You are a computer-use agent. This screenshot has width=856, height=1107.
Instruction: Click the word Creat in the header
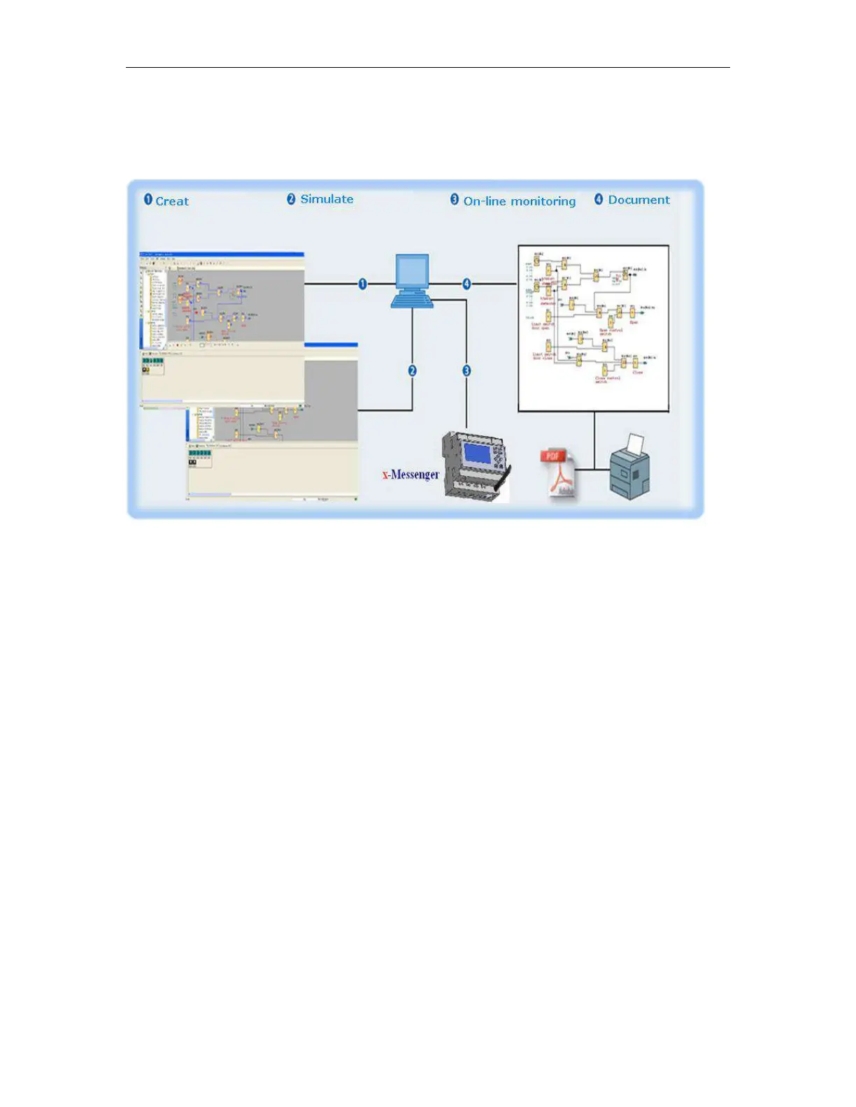[x=172, y=201]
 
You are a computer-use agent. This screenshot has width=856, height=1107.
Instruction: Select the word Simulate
[x=327, y=199]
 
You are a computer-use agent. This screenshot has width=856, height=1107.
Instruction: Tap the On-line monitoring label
[x=520, y=201]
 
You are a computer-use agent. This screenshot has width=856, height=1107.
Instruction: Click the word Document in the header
[x=639, y=200]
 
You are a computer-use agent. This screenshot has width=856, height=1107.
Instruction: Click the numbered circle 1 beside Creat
[x=148, y=200]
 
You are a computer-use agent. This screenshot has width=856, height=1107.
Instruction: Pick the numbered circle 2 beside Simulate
[x=292, y=199]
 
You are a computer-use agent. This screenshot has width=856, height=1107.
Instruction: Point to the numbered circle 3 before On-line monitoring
[x=455, y=200]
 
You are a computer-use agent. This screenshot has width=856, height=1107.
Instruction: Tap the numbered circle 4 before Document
[x=599, y=199]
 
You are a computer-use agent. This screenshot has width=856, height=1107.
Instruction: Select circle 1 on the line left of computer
[x=362, y=284]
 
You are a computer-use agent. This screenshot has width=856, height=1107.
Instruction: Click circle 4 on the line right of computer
[x=466, y=284]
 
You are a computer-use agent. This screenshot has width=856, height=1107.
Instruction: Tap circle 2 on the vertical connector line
[x=412, y=370]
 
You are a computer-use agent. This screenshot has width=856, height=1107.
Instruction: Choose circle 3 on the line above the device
[x=466, y=370]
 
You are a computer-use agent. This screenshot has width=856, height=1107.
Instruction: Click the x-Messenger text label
[x=411, y=475]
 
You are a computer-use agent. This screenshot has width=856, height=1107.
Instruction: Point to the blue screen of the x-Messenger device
[x=477, y=454]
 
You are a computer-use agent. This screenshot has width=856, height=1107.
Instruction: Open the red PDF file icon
[x=557, y=474]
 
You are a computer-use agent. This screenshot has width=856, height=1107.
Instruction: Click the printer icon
[x=630, y=470]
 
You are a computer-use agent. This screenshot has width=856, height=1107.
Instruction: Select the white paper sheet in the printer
[x=635, y=444]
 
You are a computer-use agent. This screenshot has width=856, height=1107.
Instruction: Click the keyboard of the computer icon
[x=412, y=301]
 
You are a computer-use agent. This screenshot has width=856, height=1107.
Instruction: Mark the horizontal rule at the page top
[x=427, y=68]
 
